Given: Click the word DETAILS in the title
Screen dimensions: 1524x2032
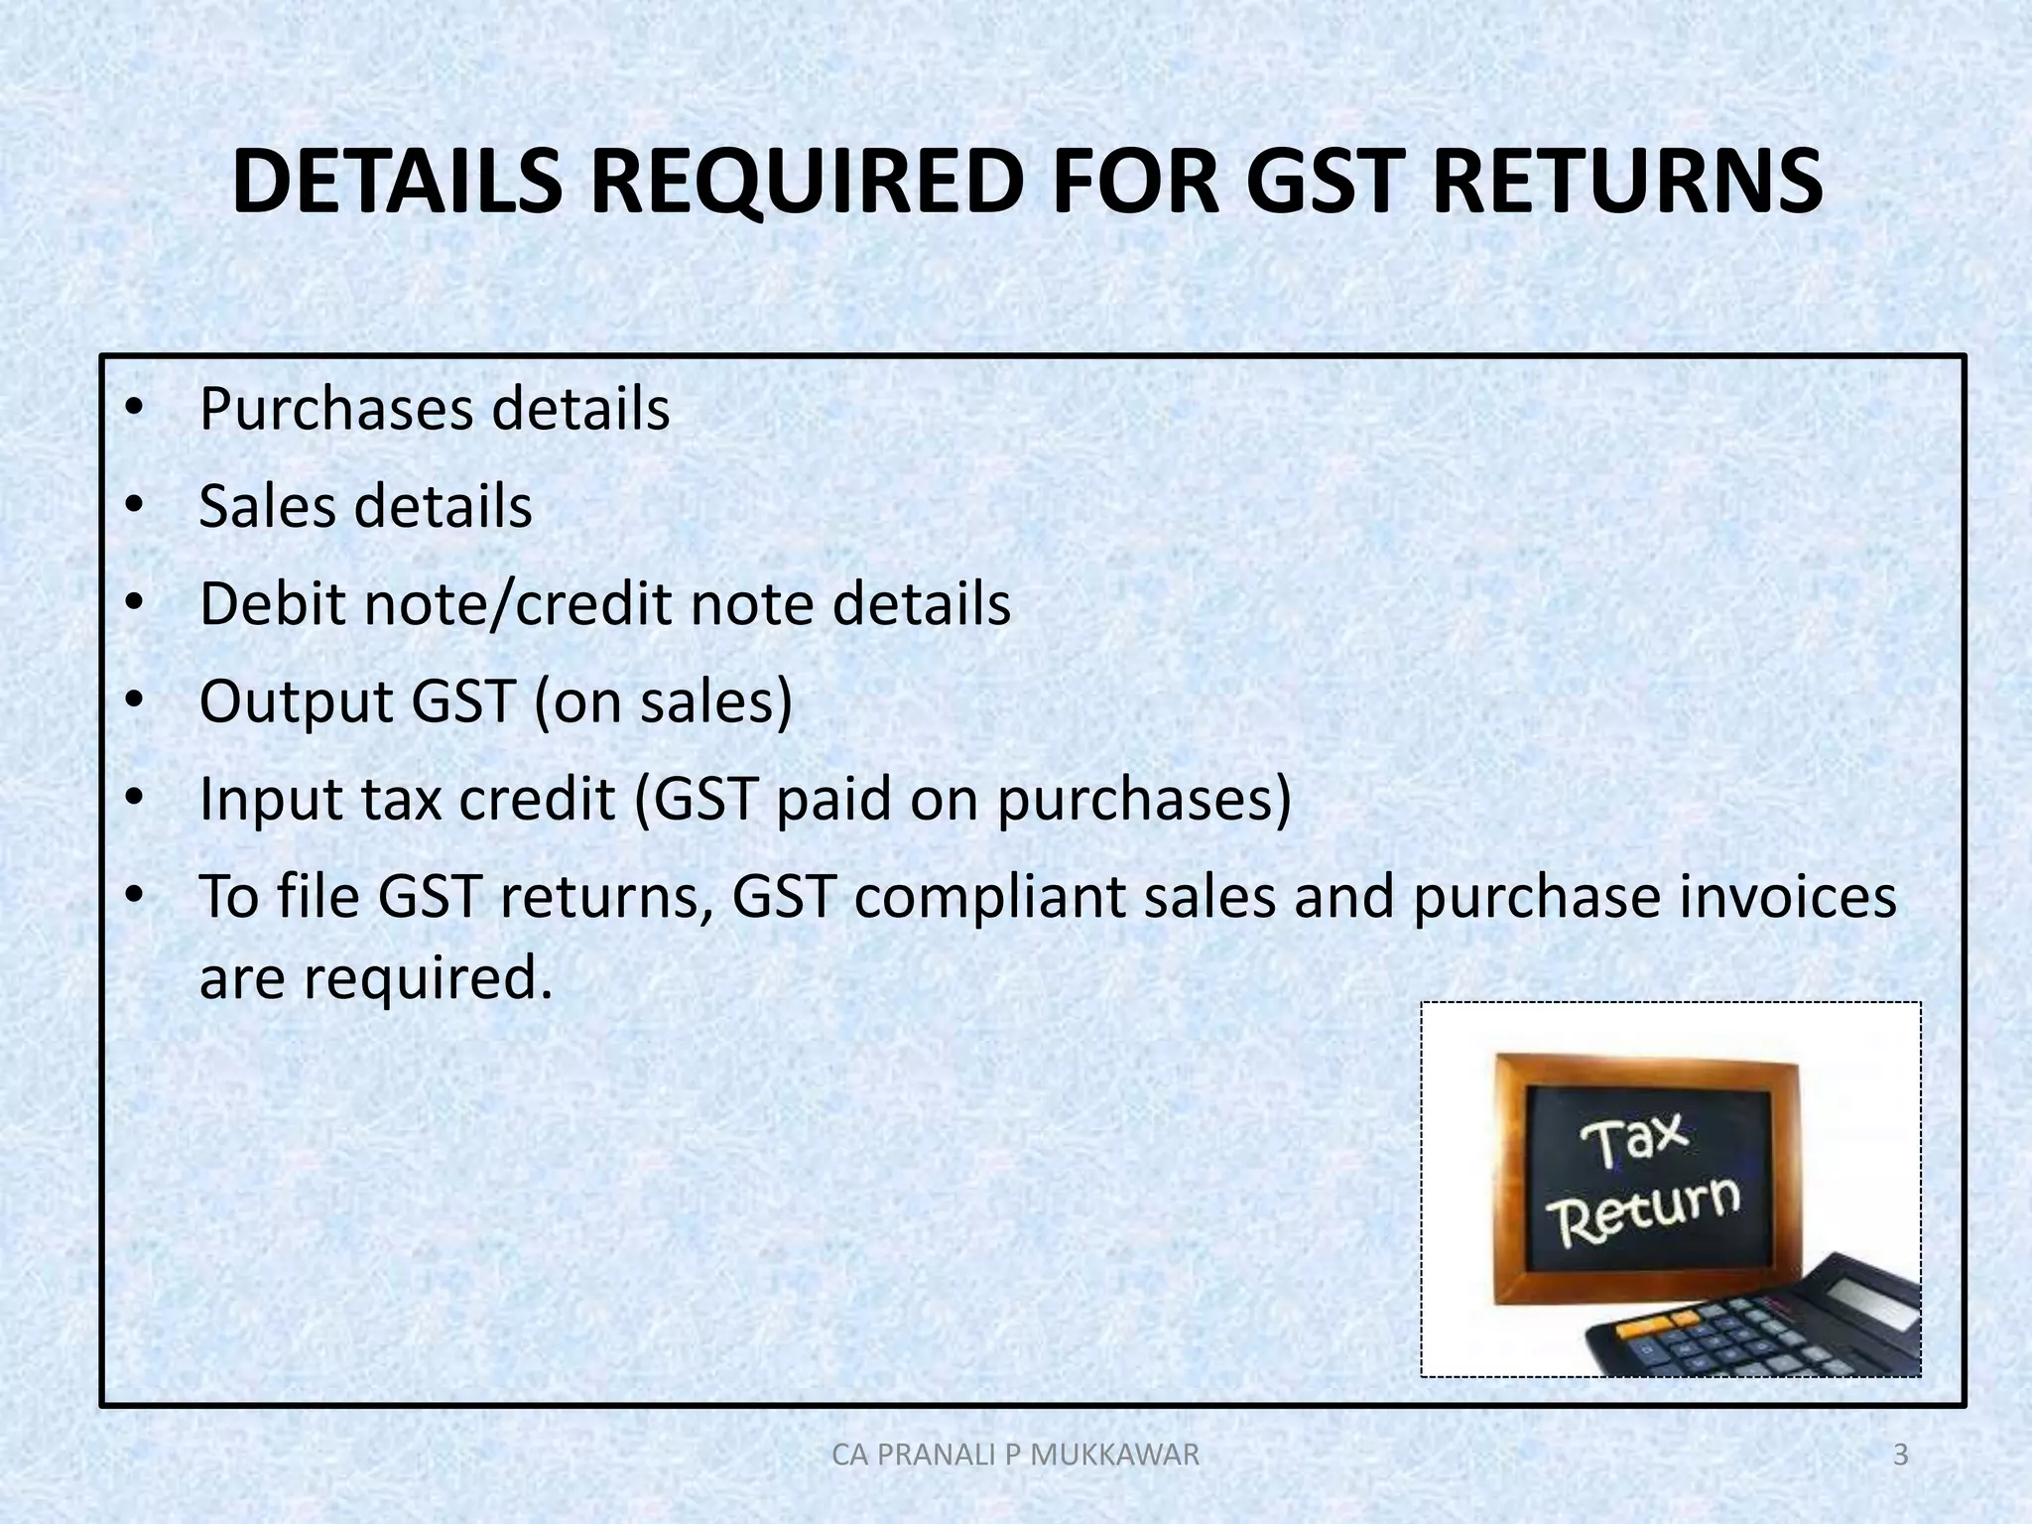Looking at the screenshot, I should (x=398, y=183).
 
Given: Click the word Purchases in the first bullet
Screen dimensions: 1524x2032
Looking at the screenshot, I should (x=337, y=410).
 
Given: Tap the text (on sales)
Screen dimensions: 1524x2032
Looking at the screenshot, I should (x=663, y=702).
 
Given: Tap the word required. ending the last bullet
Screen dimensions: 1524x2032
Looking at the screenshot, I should (x=427, y=979).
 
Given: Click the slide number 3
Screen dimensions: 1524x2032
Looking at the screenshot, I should (x=1900, y=1456).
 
